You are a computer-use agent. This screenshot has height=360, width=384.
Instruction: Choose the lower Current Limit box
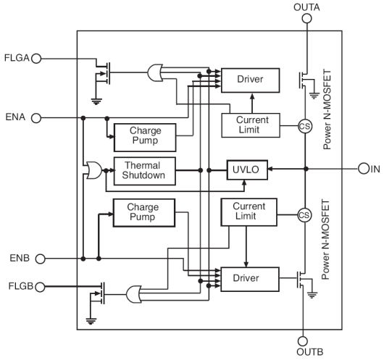click(248, 212)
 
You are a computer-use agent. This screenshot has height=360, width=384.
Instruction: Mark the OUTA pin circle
click(306, 20)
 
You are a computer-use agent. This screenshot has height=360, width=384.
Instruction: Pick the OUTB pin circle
click(306, 340)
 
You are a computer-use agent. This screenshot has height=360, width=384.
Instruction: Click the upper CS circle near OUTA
click(305, 125)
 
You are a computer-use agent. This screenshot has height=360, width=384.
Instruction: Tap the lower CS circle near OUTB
click(305, 214)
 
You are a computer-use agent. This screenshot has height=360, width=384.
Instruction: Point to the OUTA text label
click(306, 7)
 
